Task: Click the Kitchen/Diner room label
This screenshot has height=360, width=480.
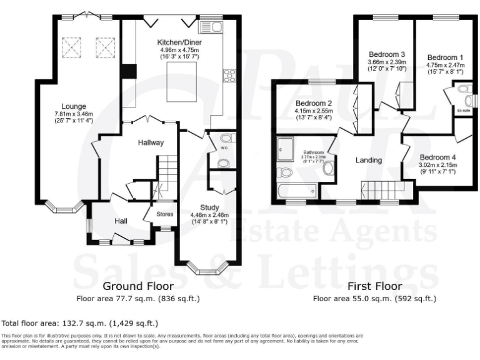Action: [179, 42]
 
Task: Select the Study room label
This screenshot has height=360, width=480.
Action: [209, 207]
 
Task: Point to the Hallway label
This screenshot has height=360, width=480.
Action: [151, 142]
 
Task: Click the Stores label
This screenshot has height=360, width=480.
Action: [164, 214]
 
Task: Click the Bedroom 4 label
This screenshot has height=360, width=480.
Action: [438, 157]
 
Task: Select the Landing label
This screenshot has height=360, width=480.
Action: [369, 161]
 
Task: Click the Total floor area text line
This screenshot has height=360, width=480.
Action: [80, 323]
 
